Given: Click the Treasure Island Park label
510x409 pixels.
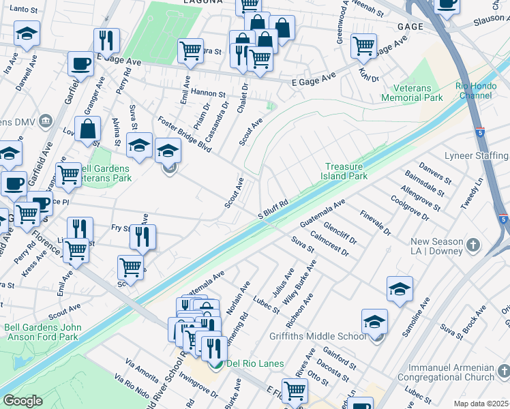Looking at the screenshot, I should tap(346, 171).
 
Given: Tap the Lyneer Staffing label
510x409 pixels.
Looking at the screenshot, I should tap(477, 155).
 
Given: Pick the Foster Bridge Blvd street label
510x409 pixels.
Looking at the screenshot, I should tap(184, 134).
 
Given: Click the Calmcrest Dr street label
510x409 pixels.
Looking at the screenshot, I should tap(329, 243).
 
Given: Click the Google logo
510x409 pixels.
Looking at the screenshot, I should tap(22, 401).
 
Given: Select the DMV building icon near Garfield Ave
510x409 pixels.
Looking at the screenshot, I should tap(46, 121).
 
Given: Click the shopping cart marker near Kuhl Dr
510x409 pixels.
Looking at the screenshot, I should tap(363, 46).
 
